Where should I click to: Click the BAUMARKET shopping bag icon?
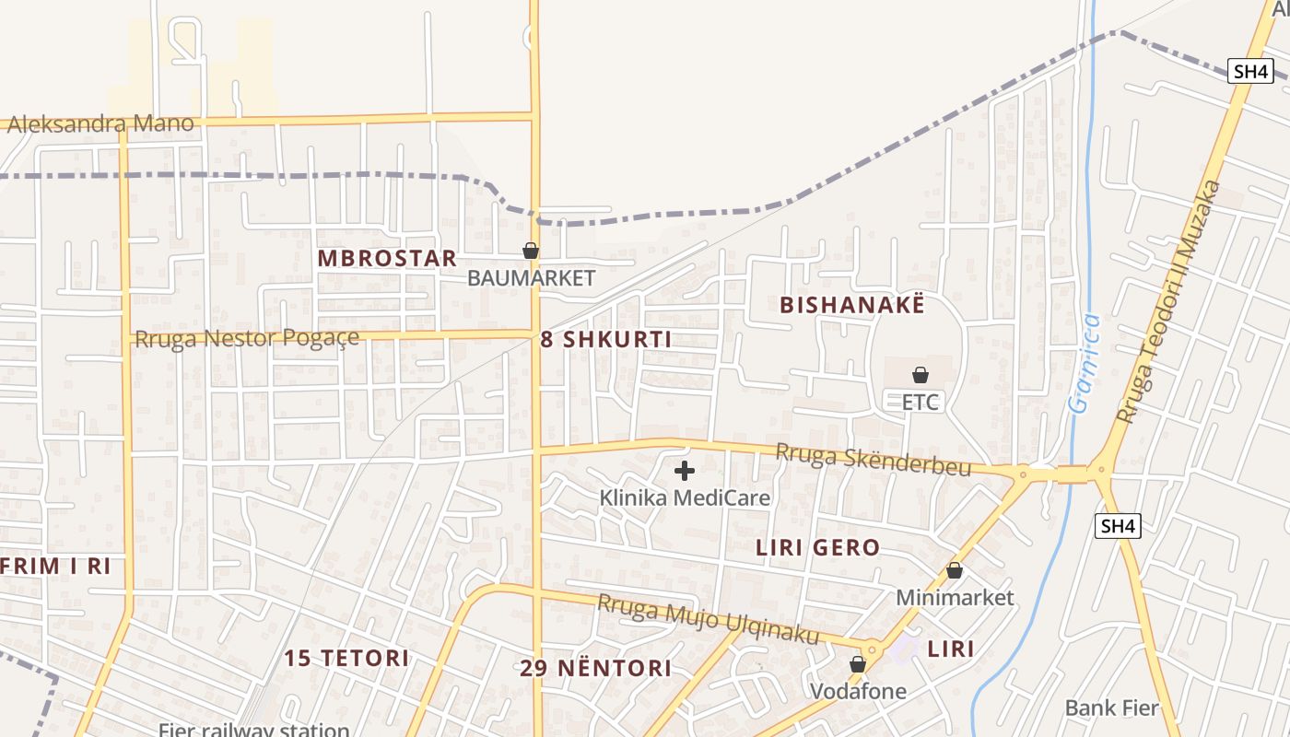coord(531,250)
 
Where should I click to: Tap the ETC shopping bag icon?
coord(920,374)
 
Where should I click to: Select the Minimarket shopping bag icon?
coord(955,570)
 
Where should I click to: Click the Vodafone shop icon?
coord(858,663)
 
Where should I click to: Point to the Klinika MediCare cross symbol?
coord(684,471)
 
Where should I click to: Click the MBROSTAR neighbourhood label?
coord(387,258)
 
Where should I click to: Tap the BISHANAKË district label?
coord(851,305)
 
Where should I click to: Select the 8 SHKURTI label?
coord(605,339)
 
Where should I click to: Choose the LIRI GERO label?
coord(818,548)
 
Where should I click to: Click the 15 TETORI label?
coord(346,658)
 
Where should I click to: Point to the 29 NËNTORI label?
coord(596,668)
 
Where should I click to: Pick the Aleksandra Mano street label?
coord(100,123)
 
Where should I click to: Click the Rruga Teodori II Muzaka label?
coord(1169,302)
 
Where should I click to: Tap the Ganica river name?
coord(1085,363)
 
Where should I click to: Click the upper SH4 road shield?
coord(1250,71)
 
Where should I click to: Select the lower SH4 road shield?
coord(1119,526)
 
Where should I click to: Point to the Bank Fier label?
coord(1111,708)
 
